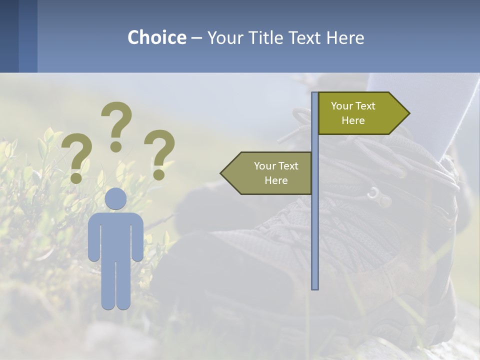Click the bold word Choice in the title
156,37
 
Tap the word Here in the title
345,37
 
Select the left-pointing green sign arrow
268,173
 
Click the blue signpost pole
315,225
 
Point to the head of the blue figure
115,198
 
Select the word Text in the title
304,37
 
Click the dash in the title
196,38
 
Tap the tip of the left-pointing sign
222,173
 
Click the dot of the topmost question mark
116,146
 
